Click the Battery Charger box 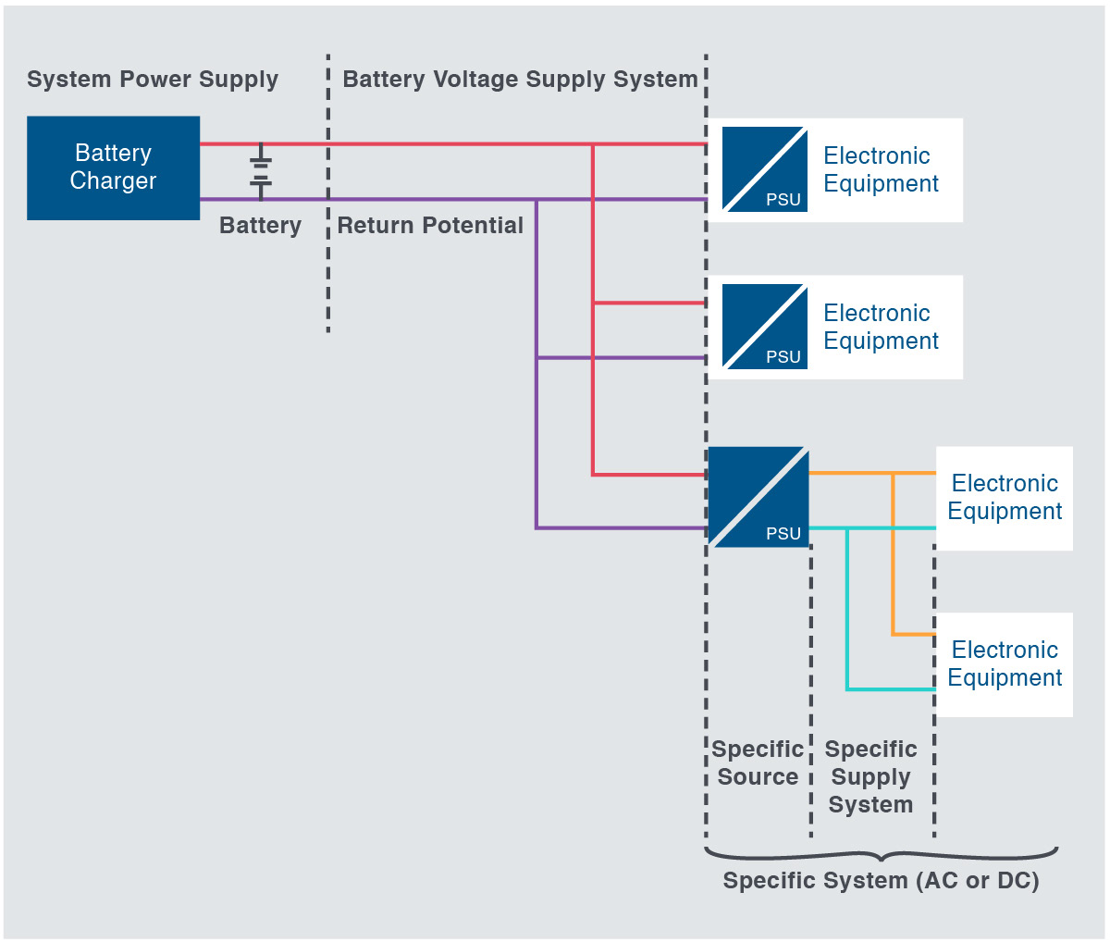pyautogui.click(x=113, y=167)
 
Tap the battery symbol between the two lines pyautogui.click(x=261, y=172)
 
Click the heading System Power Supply pyautogui.click(x=153, y=80)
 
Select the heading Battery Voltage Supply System pyautogui.click(x=520, y=80)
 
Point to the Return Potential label pyautogui.click(x=430, y=226)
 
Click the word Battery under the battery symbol pyautogui.click(x=260, y=226)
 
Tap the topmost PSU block pyautogui.click(x=764, y=169)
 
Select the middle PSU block pyautogui.click(x=764, y=327)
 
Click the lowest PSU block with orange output pyautogui.click(x=758, y=497)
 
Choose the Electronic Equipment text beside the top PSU pyautogui.click(x=880, y=169)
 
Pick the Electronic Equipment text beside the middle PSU pyautogui.click(x=880, y=327)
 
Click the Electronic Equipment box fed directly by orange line pyautogui.click(x=1004, y=498)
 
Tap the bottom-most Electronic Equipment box pyautogui.click(x=1004, y=664)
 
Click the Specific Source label pyautogui.click(x=757, y=762)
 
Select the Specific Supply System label pyautogui.click(x=870, y=776)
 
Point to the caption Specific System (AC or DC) pyautogui.click(x=881, y=881)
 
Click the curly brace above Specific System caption pyautogui.click(x=881, y=855)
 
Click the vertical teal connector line pyautogui.click(x=847, y=611)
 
